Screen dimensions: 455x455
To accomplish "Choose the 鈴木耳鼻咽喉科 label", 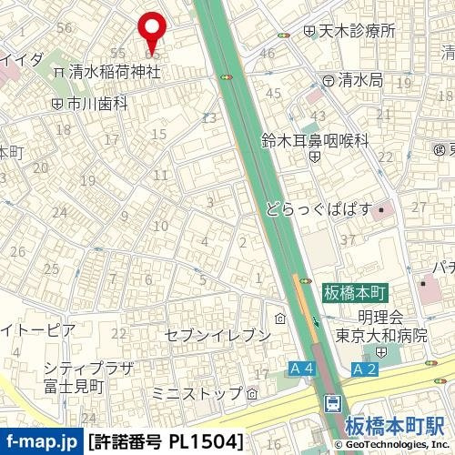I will click(315, 141).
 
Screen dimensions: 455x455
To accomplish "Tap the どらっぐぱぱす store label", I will click(319, 208).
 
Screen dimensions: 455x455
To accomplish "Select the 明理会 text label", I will click(380, 317).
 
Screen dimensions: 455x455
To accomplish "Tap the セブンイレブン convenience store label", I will click(217, 335).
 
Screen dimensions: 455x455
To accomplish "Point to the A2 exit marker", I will click(365, 369).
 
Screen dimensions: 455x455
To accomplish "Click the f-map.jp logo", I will click(40, 442).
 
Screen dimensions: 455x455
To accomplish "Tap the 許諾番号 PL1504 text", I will click(166, 442).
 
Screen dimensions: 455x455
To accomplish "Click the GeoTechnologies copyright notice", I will click(392, 445).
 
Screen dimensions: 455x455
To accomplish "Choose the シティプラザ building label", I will click(88, 368).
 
